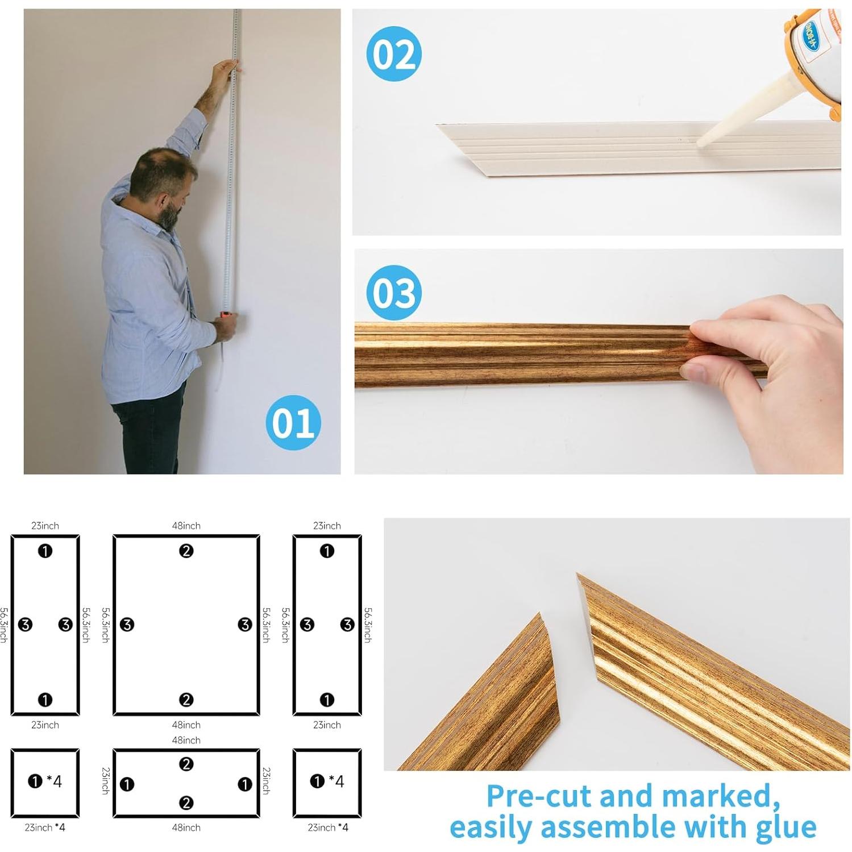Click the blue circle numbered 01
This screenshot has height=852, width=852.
293,422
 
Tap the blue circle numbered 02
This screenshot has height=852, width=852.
393,54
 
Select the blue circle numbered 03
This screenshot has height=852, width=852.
393,293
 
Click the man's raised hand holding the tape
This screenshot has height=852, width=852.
223,72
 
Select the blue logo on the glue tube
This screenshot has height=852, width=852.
814,35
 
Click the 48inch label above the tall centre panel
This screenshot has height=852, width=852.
186,526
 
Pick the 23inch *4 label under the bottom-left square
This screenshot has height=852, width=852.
45,828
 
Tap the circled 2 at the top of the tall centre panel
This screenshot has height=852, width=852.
186,551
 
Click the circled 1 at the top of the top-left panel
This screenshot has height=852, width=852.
45,551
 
